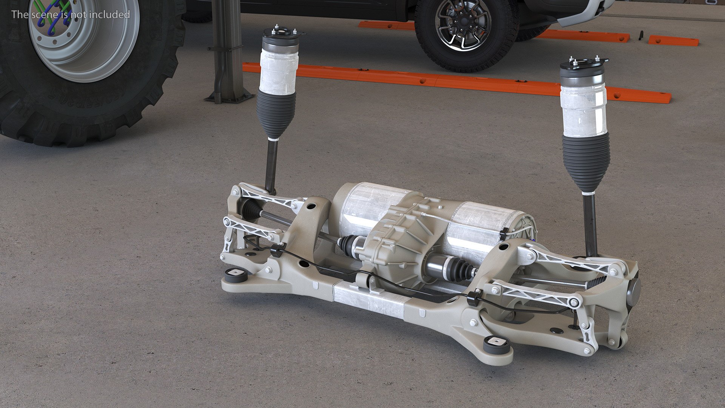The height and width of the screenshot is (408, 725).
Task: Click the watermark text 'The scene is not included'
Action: [x=71, y=14]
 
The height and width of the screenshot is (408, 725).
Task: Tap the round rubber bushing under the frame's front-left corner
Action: [x=235, y=275]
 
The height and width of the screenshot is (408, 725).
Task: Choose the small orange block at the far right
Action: [x=673, y=40]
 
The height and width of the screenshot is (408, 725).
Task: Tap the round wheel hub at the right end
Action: [x=634, y=291]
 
